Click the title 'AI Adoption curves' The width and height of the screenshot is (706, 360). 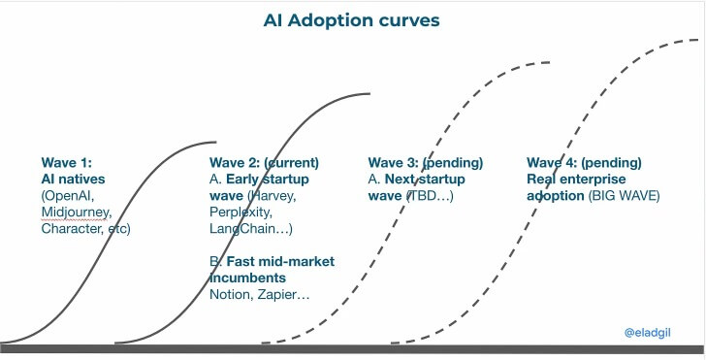[353, 19]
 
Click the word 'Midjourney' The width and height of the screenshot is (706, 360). [77, 213]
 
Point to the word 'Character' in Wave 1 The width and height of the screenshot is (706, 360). [71, 229]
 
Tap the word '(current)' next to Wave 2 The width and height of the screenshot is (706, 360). [291, 163]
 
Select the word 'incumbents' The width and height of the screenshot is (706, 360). [245, 278]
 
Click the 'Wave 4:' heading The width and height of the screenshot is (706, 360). [553, 163]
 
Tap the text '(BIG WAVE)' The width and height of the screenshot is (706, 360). [625, 196]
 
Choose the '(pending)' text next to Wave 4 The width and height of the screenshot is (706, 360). [612, 163]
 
